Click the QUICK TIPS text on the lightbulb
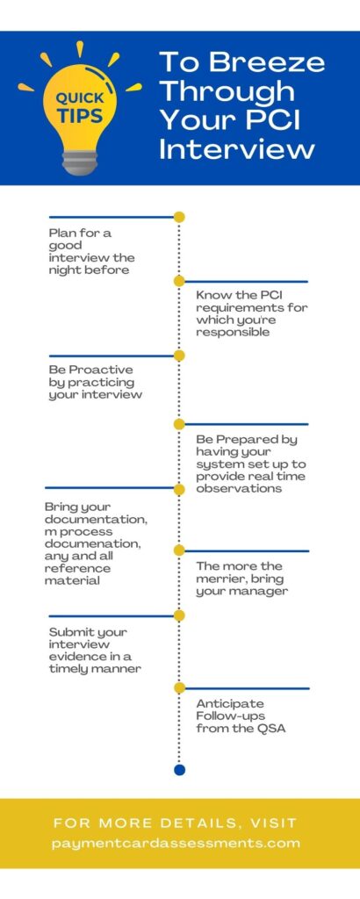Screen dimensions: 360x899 click(x=80, y=107)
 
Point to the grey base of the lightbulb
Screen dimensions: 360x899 click(x=80, y=162)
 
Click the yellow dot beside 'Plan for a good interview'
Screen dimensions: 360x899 click(x=179, y=218)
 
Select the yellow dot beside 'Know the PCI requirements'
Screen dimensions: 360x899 click(x=179, y=281)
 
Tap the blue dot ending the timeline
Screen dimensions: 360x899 click(x=179, y=769)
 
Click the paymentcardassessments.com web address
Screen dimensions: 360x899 click(x=176, y=844)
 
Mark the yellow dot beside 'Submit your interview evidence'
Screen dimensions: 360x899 click(x=179, y=615)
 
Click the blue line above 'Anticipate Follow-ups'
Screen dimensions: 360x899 click(x=247, y=688)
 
